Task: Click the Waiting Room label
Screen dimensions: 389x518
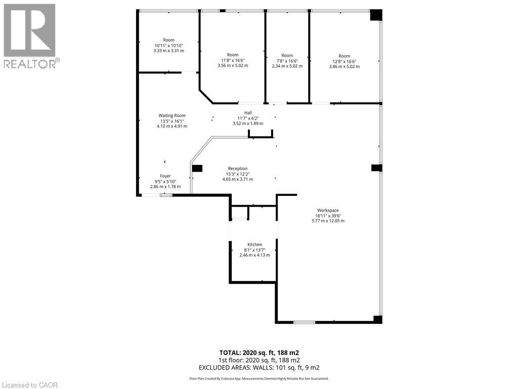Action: [x=172, y=115]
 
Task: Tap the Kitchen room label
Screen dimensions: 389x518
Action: [x=254, y=245]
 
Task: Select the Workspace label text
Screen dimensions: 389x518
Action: [x=328, y=210]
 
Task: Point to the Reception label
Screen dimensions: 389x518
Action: [x=238, y=169]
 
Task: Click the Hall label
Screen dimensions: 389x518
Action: [x=248, y=113]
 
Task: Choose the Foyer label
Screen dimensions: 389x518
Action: [x=165, y=176]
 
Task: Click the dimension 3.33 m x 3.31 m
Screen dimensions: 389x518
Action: [x=168, y=51]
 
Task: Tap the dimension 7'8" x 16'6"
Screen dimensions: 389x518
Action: [x=287, y=61]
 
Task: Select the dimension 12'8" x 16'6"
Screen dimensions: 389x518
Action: [x=344, y=61]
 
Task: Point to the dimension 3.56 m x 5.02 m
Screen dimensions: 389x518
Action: [x=233, y=65]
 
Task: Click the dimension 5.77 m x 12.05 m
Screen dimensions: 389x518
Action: [x=328, y=221]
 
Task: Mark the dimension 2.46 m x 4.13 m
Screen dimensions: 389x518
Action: [x=254, y=255]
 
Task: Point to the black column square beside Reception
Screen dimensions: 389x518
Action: [x=197, y=169]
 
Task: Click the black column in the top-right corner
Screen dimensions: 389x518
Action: [x=375, y=15]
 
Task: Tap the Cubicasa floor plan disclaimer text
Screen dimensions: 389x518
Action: [x=259, y=378]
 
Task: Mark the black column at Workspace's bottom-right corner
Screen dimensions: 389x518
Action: [x=377, y=319]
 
